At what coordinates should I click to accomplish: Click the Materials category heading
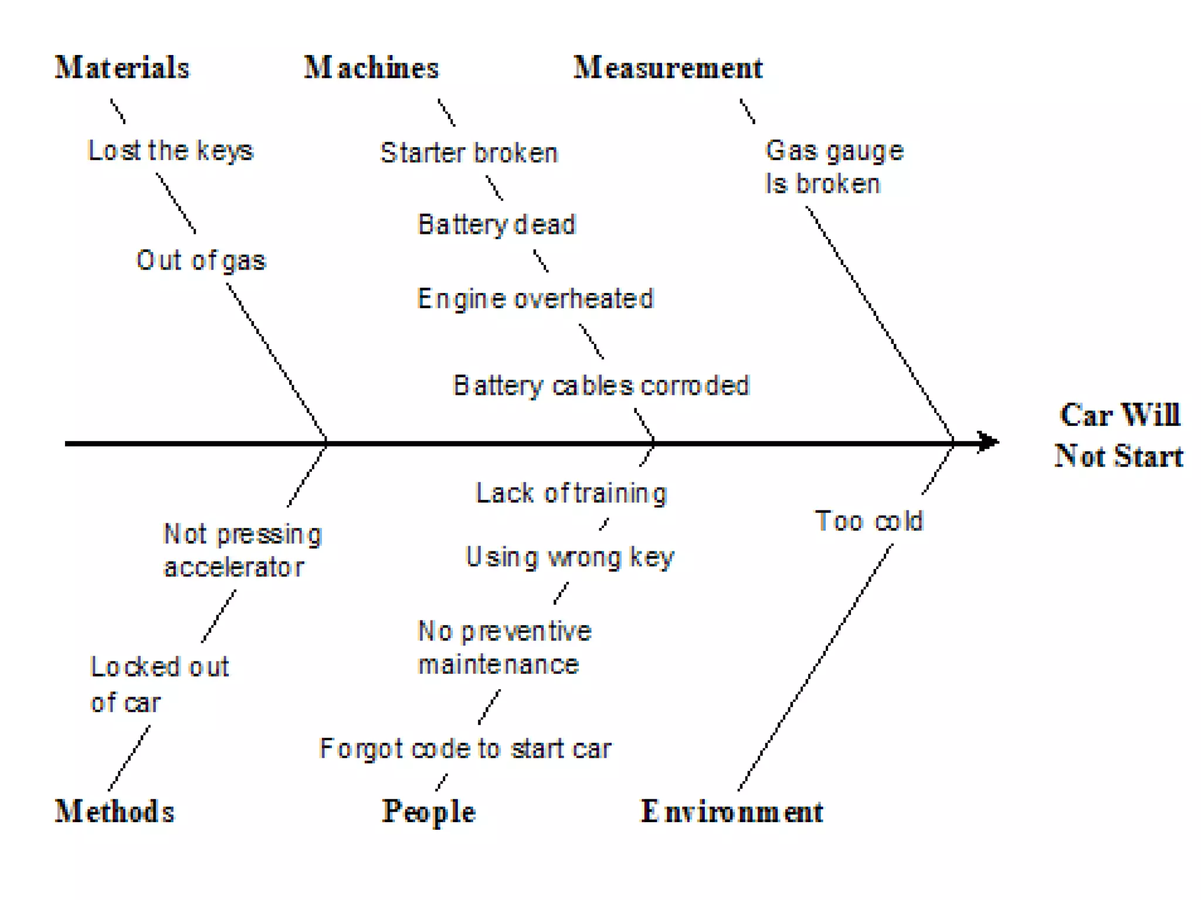(x=122, y=67)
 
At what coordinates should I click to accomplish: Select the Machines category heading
(x=371, y=67)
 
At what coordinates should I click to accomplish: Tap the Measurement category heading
(x=668, y=67)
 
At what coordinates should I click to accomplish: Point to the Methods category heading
(x=115, y=812)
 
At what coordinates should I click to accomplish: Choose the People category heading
(x=429, y=812)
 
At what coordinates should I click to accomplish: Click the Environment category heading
(x=732, y=812)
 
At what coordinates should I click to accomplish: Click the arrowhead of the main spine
(x=989, y=442)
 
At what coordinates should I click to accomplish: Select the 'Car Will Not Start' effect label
(x=1119, y=435)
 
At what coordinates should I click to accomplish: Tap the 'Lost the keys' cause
(x=171, y=151)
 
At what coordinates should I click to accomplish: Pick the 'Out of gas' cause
(x=201, y=260)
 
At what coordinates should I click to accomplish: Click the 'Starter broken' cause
(x=469, y=153)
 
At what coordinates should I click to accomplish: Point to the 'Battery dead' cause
(x=497, y=224)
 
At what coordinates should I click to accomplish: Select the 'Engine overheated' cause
(x=535, y=299)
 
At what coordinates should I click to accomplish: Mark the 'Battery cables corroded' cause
(x=601, y=386)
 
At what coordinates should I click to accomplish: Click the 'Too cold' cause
(x=869, y=521)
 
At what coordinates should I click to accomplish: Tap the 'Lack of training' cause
(x=571, y=493)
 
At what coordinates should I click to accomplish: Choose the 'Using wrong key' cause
(x=569, y=557)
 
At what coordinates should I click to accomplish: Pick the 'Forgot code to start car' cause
(x=465, y=749)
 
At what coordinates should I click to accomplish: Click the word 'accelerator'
(x=233, y=567)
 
